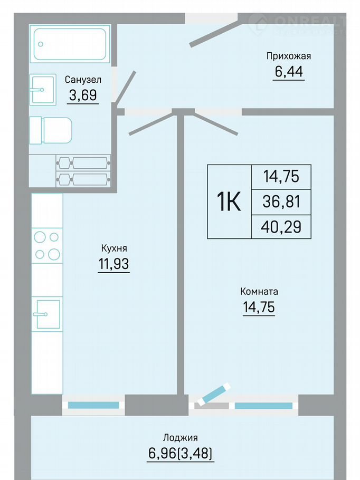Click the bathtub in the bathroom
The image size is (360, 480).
pos(70,44)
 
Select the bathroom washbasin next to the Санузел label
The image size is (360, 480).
pos(43,89)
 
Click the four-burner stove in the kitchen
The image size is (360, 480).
pos(47,245)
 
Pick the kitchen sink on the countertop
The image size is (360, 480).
pos(48,314)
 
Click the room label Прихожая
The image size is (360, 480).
pos(289,56)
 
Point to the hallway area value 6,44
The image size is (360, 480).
pos(289,71)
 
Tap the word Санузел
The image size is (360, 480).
pos(83,80)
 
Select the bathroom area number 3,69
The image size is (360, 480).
pos(83,95)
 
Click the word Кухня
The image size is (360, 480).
pos(114,248)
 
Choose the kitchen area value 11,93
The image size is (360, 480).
pos(113,264)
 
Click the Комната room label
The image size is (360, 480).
pos(259,291)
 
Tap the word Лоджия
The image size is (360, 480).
pos(180,438)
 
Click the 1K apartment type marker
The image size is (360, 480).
pos(229,201)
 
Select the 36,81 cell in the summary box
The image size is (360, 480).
pos(281,201)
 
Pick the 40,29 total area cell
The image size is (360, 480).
pos(281,227)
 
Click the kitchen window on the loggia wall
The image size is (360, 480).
pos(93,405)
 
